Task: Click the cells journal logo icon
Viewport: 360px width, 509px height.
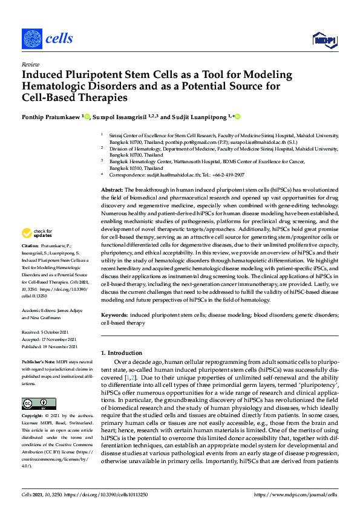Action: coord(31,39)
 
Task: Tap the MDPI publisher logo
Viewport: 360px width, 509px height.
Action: coord(324,40)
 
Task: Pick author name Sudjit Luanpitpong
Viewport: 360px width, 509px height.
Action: coord(197,116)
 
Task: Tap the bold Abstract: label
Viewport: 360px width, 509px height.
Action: coord(112,190)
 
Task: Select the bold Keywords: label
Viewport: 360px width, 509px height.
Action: coord(114,316)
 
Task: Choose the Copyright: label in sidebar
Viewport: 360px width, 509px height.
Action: coord(34,417)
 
